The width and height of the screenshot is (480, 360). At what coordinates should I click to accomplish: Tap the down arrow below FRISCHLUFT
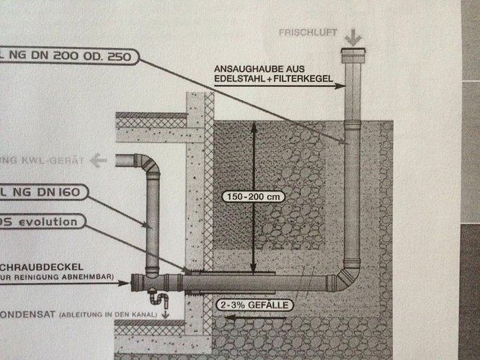pyautogui.click(x=353, y=37)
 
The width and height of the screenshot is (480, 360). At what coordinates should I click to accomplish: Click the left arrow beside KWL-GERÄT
pyautogui.click(x=98, y=160)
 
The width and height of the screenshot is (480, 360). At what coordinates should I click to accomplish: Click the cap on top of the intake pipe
pyautogui.click(x=352, y=55)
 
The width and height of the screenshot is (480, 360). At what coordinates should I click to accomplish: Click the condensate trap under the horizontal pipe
pyautogui.click(x=159, y=297)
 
